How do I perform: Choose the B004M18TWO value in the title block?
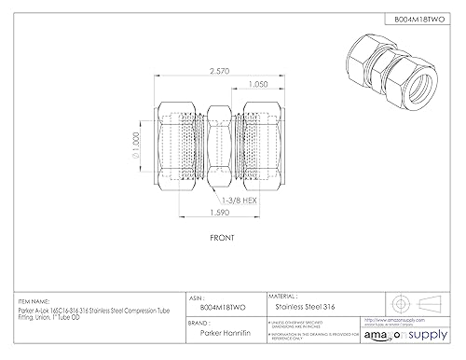pos(219,303)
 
